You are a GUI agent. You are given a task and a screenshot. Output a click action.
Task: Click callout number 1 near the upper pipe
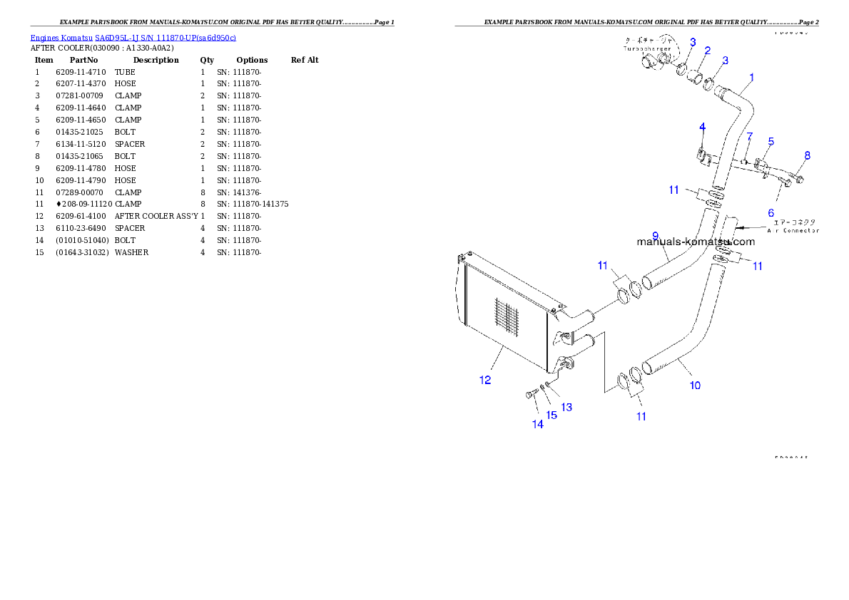pos(751,77)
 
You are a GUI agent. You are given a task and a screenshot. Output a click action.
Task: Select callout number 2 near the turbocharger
pos(707,51)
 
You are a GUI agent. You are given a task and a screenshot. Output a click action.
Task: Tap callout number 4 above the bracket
pos(702,127)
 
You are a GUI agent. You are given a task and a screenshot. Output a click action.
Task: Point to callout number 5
pos(771,142)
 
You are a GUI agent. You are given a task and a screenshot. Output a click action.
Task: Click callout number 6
pos(771,212)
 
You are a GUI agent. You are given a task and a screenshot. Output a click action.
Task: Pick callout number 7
pos(750,136)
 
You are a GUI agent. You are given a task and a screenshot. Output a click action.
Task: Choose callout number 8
pos(807,155)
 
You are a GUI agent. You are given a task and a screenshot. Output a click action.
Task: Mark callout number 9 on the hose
pos(655,236)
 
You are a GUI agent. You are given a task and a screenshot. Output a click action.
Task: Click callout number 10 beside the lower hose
pos(695,386)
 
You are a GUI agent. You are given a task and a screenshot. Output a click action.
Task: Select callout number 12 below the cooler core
pos(485,380)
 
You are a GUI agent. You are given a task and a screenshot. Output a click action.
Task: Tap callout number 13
pos(566,408)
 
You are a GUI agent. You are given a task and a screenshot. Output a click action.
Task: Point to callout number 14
pos(537,424)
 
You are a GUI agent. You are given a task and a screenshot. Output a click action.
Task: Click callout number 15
pos(551,415)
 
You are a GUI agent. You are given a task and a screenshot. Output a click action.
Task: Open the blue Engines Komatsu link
pos(133,37)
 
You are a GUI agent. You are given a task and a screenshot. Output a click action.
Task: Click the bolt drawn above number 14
pos(532,393)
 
